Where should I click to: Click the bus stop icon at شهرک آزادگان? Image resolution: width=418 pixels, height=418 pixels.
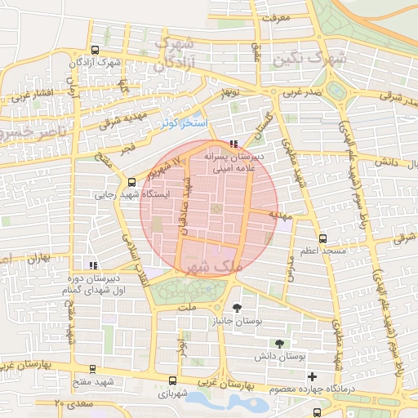pyautogui.click(x=96, y=49)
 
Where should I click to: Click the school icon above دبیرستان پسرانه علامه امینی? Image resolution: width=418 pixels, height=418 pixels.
pyautogui.click(x=235, y=144)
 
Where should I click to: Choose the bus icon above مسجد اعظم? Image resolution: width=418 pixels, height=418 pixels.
pyautogui.click(x=323, y=238)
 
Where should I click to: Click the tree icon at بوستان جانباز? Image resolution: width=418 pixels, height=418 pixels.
pyautogui.click(x=237, y=308)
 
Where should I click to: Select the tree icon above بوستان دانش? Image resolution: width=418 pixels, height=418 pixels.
pyautogui.click(x=280, y=343)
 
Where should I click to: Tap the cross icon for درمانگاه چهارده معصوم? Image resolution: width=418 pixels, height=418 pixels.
pyautogui.click(x=312, y=376)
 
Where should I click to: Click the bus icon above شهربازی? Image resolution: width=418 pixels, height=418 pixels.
pyautogui.click(x=171, y=380)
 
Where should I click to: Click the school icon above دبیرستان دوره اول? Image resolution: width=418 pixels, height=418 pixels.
pyautogui.click(x=94, y=265)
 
